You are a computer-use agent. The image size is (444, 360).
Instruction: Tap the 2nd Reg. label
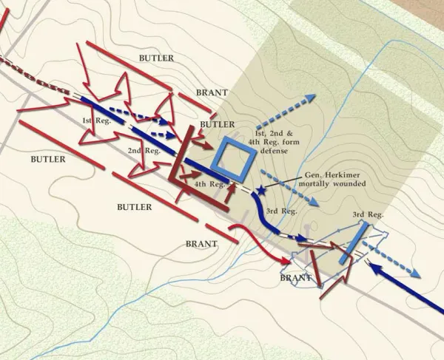(144, 150)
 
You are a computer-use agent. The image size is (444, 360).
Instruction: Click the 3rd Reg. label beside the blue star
(282, 211)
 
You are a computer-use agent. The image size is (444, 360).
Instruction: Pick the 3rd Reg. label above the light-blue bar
(368, 214)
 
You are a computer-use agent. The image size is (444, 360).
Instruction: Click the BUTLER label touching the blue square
(217, 124)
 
